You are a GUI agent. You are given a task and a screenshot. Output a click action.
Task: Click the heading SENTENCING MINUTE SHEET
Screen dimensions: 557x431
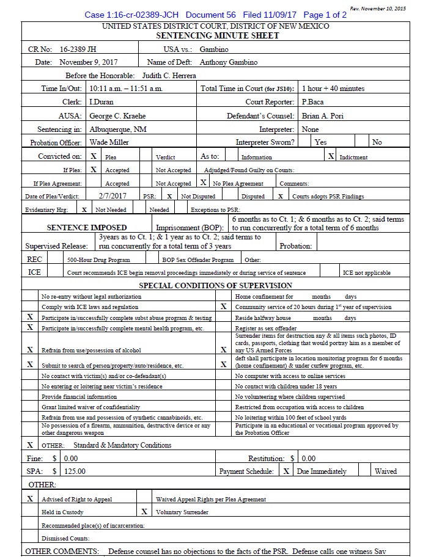click(x=215, y=35)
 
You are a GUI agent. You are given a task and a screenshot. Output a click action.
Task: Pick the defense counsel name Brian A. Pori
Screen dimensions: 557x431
click(x=323, y=116)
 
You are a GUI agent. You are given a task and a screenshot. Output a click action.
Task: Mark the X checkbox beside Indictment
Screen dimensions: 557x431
click(x=331, y=156)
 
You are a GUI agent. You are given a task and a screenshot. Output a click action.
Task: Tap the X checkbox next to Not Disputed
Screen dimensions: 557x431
click(x=169, y=197)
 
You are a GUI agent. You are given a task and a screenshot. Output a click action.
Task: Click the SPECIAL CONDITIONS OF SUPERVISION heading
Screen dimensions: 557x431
click(x=215, y=285)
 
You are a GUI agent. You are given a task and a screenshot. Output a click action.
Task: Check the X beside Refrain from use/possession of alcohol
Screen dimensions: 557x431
click(x=29, y=350)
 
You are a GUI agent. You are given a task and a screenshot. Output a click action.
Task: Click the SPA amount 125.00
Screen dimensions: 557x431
click(x=75, y=471)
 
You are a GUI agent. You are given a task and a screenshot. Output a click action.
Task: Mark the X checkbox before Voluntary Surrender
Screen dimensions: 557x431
click(x=144, y=512)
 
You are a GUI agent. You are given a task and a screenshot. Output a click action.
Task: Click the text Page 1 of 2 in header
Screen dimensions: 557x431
click(x=325, y=15)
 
